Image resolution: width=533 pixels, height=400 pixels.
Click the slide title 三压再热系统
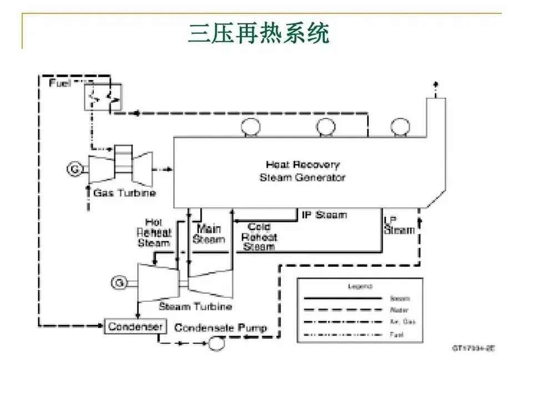(259, 33)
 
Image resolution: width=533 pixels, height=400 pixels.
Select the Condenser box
(135, 326)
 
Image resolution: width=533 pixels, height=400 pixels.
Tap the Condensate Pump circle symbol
(213, 344)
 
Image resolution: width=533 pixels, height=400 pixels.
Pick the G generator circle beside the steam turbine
(118, 283)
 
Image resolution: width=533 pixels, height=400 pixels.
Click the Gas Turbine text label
(124, 193)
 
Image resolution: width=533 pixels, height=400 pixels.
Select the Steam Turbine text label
(195, 307)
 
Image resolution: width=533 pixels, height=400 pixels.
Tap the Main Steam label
(208, 233)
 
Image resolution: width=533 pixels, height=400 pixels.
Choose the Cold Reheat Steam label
(259, 237)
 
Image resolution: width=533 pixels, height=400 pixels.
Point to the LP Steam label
(399, 225)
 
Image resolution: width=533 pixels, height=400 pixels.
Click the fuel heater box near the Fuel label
(103, 97)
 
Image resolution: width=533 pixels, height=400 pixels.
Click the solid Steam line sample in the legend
(343, 299)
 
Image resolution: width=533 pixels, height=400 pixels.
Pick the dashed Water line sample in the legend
(343, 311)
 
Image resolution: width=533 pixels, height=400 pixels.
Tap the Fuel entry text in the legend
(396, 334)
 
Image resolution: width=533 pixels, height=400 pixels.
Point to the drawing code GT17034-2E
(472, 348)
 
